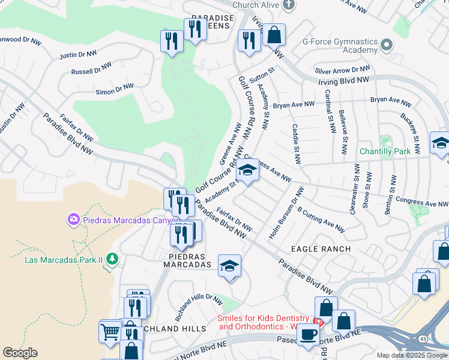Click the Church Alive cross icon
(x=289, y=5)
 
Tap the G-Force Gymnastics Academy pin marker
(x=387, y=46)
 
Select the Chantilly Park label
(x=385, y=151)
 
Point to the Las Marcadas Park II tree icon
(x=112, y=259)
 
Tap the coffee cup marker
(x=308, y=335)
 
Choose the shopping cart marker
(x=110, y=331)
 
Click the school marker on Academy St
(x=247, y=170)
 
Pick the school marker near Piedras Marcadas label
(x=229, y=266)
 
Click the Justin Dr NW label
(x=78, y=55)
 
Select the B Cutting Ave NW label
(x=321, y=220)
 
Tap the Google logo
(x=20, y=353)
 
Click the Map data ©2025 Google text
(x=411, y=355)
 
